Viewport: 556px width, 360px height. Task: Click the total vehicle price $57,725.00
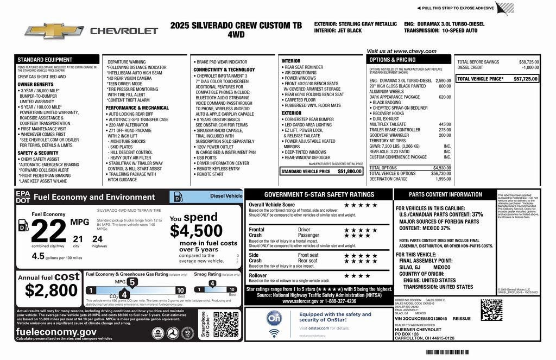coord(525,79)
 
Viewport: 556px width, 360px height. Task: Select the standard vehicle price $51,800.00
coord(350,172)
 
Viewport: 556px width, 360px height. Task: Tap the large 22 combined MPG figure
coord(48,232)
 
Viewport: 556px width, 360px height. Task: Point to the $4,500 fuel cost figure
coord(196,231)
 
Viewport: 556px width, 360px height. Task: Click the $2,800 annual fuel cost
coord(47,291)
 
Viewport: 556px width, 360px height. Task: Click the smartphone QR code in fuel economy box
coord(226,325)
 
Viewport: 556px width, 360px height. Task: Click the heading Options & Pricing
coord(393,60)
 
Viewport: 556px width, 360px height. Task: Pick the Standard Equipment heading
coord(45,60)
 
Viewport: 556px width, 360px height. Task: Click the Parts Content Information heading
coord(445,194)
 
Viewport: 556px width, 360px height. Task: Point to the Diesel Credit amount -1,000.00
coord(530,68)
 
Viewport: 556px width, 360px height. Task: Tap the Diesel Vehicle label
coord(226,196)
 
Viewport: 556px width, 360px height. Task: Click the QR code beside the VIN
coord(491,310)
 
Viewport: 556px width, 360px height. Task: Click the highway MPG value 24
coord(98,238)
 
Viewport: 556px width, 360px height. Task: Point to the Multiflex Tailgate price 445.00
coord(445,124)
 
